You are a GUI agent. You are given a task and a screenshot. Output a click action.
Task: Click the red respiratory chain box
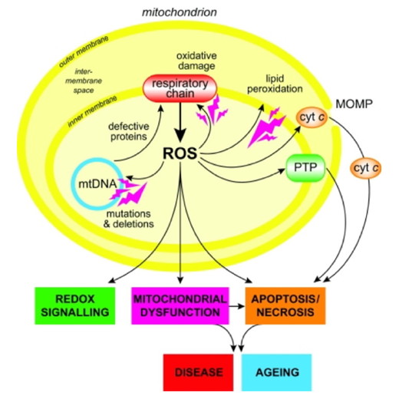180,88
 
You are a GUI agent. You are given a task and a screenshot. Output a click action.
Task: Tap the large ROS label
180,153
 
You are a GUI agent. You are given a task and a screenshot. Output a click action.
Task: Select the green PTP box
305,168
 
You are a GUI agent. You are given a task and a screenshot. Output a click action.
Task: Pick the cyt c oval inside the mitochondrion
312,117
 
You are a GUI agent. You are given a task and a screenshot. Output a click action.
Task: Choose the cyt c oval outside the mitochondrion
366,168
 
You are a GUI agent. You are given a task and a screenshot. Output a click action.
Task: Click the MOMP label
354,104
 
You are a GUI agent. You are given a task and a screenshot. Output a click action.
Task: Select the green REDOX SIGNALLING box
75,305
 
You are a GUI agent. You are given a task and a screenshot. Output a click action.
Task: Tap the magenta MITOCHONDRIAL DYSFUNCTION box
180,305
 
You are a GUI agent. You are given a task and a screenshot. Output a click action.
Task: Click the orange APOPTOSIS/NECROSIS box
285,305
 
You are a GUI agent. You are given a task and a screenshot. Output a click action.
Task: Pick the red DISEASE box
198,372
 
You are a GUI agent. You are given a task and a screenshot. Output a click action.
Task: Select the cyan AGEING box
277,372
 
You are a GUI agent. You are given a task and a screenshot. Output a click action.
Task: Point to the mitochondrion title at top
180,12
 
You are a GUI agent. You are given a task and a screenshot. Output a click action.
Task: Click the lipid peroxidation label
275,84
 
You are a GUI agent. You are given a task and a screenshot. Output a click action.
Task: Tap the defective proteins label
129,131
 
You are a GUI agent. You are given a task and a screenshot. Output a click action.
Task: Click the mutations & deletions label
129,219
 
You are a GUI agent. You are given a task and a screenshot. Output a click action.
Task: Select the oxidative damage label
196,61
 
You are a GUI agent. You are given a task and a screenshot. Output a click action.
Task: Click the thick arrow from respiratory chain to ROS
181,122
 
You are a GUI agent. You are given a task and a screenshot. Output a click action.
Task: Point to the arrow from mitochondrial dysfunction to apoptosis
237,306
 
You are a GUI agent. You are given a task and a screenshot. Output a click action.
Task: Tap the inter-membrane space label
84,81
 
